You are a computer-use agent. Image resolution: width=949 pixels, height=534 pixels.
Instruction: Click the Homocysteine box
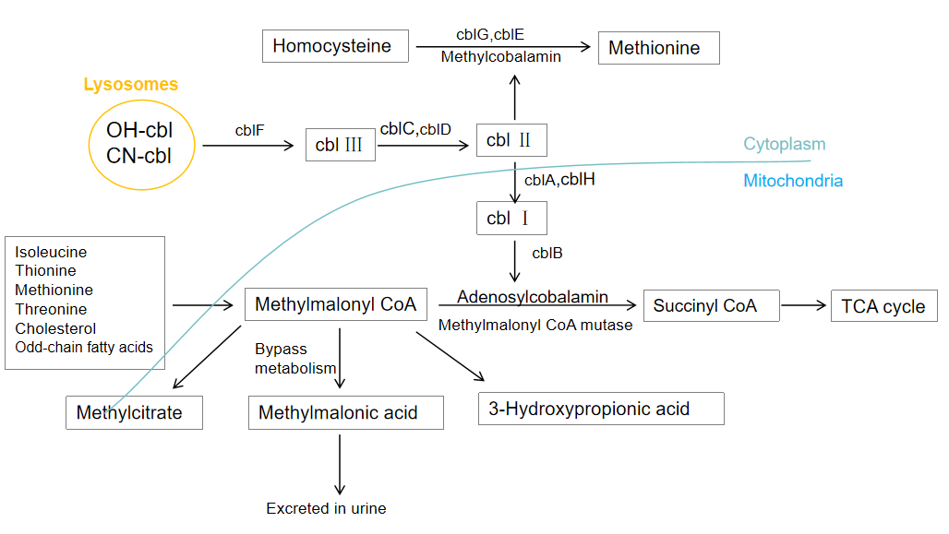point(335,46)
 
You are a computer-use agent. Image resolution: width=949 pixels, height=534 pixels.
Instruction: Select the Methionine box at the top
point(658,48)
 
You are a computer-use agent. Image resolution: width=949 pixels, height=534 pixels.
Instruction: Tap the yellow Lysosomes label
point(131,85)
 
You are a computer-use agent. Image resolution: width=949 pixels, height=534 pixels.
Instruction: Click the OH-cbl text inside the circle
point(139,130)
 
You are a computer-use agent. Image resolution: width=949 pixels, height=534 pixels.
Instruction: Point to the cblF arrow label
point(249,131)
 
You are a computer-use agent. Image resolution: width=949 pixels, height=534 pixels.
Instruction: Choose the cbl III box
point(340,145)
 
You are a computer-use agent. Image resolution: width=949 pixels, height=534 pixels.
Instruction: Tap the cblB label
point(547,253)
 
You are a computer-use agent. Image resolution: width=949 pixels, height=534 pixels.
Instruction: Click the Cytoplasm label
point(785,145)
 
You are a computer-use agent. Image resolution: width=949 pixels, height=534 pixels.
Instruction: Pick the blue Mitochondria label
point(793,181)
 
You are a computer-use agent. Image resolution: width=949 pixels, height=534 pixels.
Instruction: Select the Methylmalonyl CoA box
point(335,304)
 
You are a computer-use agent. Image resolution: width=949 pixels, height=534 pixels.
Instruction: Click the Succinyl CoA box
point(711,305)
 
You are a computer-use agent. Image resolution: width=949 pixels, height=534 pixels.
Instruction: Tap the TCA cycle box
point(883,306)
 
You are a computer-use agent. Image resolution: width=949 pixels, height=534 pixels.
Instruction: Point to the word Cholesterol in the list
point(55,328)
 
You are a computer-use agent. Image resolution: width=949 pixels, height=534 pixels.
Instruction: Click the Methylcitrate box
point(134,412)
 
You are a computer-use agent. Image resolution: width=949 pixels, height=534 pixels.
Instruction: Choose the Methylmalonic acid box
point(345,412)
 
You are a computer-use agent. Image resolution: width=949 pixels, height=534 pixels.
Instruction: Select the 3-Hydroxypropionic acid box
point(601,409)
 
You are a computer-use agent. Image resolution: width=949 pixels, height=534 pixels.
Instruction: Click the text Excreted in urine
point(326,508)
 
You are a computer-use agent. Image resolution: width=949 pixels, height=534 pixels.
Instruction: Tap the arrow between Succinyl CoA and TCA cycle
point(805,304)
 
